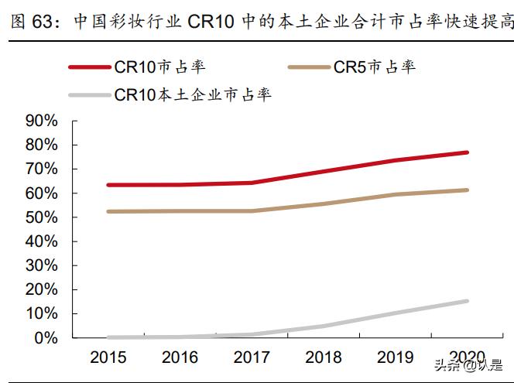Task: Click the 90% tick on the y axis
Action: (41, 121)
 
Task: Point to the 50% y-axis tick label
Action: (41, 217)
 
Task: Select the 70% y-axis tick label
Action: (41, 169)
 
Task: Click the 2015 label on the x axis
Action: (108, 357)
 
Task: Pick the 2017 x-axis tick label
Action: (252, 357)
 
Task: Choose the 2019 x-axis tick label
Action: (396, 357)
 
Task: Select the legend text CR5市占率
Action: (374, 67)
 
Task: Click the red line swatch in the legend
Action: (89, 67)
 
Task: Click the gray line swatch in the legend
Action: (89, 96)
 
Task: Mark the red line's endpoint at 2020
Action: (467, 152)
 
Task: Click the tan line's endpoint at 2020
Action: (467, 190)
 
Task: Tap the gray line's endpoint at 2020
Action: (467, 301)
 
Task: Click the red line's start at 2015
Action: (108, 185)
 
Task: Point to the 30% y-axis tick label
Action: (41, 265)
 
